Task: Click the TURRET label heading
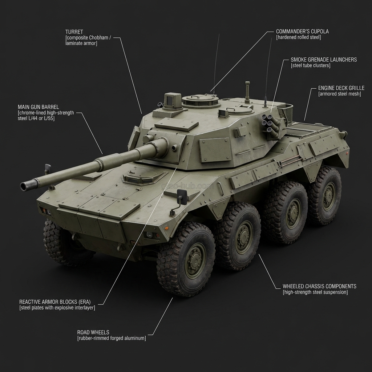tap(74, 32)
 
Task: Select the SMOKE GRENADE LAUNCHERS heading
tap(324, 60)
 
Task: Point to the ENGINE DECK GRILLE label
tap(341, 88)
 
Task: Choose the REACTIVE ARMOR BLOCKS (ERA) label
tap(55, 302)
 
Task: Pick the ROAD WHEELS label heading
tap(93, 332)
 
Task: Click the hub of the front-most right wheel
tap(195, 260)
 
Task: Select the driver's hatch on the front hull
tap(142, 177)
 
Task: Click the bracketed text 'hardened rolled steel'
tap(298, 37)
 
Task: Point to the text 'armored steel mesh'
tap(339, 94)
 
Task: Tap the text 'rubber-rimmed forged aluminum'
tap(112, 338)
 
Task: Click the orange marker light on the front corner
tap(167, 228)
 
